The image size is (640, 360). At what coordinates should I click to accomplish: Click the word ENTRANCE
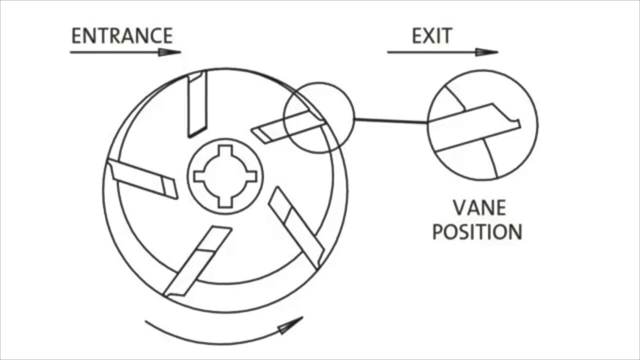pyautogui.click(x=122, y=36)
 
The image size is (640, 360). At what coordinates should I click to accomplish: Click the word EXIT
pyautogui.click(x=432, y=36)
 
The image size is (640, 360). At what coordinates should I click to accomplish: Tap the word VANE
pyautogui.click(x=479, y=208)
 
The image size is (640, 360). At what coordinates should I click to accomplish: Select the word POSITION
pyautogui.click(x=477, y=232)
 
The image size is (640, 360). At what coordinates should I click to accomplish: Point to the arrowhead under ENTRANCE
pyautogui.click(x=169, y=52)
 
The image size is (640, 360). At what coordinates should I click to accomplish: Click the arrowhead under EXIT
pyautogui.click(x=486, y=52)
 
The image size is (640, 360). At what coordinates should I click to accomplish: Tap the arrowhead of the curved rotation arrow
pyautogui.click(x=290, y=325)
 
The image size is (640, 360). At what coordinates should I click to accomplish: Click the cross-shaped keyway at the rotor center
pyautogui.click(x=225, y=176)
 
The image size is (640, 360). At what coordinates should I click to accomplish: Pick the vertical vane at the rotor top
pyautogui.click(x=196, y=105)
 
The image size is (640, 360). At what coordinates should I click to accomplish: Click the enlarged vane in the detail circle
pyautogui.click(x=475, y=127)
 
